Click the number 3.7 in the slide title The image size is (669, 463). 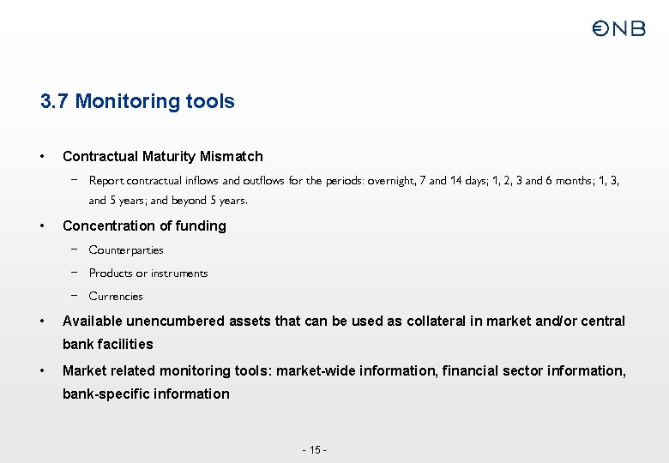pos(55,101)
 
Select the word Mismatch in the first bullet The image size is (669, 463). pos(232,156)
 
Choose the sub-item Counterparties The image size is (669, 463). pos(126,250)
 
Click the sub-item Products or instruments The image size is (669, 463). pos(148,274)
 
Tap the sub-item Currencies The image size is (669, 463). pos(116,297)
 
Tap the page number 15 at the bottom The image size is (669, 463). pos(315,450)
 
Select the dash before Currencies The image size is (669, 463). pos(75,296)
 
